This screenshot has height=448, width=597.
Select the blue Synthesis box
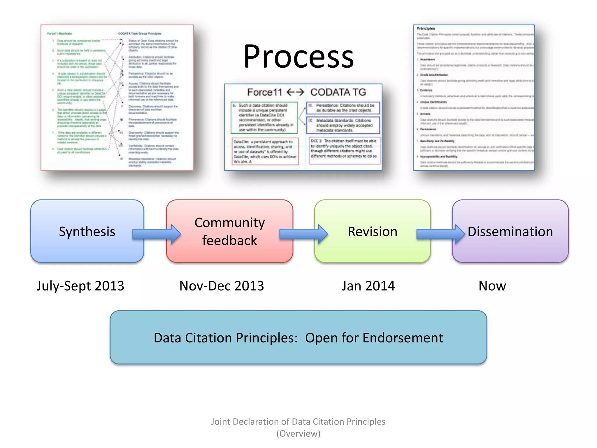pyautogui.click(x=87, y=231)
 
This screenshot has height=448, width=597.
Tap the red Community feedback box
pyautogui.click(x=229, y=231)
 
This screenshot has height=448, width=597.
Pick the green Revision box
pyautogui.click(x=372, y=231)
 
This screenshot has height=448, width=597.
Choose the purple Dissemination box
pyautogui.click(x=510, y=231)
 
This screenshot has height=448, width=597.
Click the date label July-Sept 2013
pyautogui.click(x=80, y=286)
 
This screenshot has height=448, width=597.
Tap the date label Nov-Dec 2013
pyautogui.click(x=222, y=286)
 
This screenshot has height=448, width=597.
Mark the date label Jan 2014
pyautogui.click(x=368, y=286)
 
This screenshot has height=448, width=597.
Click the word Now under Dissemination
pyautogui.click(x=492, y=286)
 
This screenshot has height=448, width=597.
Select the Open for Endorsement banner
pyautogui.click(x=298, y=337)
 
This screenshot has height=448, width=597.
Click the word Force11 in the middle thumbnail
pyautogui.click(x=264, y=92)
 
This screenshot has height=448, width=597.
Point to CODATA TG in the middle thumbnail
pyautogui.click(x=338, y=92)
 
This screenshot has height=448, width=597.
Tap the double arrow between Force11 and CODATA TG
pyautogui.click(x=295, y=92)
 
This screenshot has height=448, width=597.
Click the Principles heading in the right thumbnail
pyautogui.click(x=426, y=28)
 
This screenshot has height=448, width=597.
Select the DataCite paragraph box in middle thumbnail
pyautogui.click(x=265, y=151)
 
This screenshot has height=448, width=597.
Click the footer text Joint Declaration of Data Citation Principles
pyautogui.click(x=298, y=421)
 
